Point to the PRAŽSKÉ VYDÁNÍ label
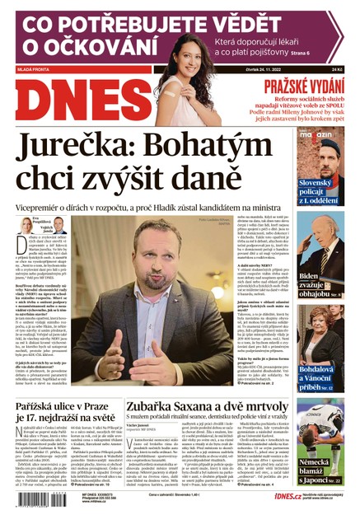point(302,87)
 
